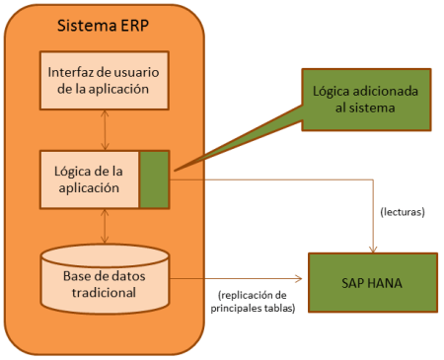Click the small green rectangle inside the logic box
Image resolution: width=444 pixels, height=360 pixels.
[x=154, y=178]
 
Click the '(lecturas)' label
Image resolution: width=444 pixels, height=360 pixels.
[x=403, y=211]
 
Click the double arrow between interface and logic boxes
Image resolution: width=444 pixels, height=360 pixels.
[x=104, y=128]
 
